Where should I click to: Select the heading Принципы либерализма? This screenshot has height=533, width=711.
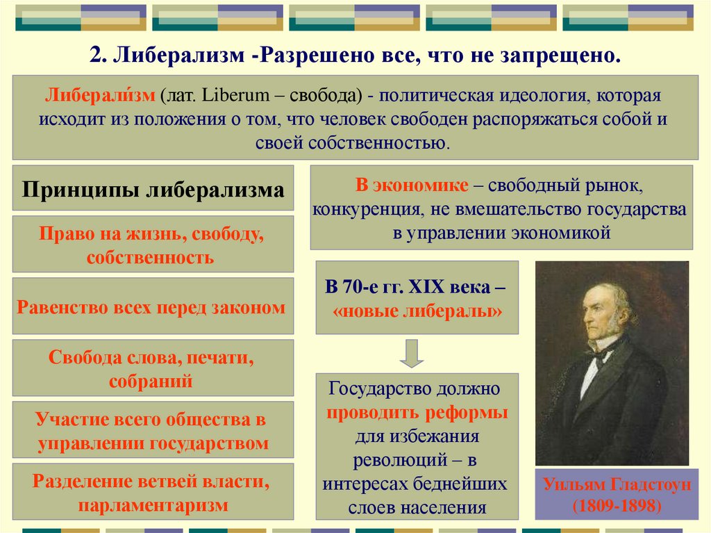click(153, 190)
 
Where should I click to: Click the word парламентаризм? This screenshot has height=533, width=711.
click(153, 505)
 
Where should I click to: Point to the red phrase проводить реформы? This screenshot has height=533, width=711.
click(417, 413)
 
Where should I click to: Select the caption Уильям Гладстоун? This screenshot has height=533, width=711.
click(617, 484)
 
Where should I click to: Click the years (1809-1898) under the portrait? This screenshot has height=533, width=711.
click(617, 506)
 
